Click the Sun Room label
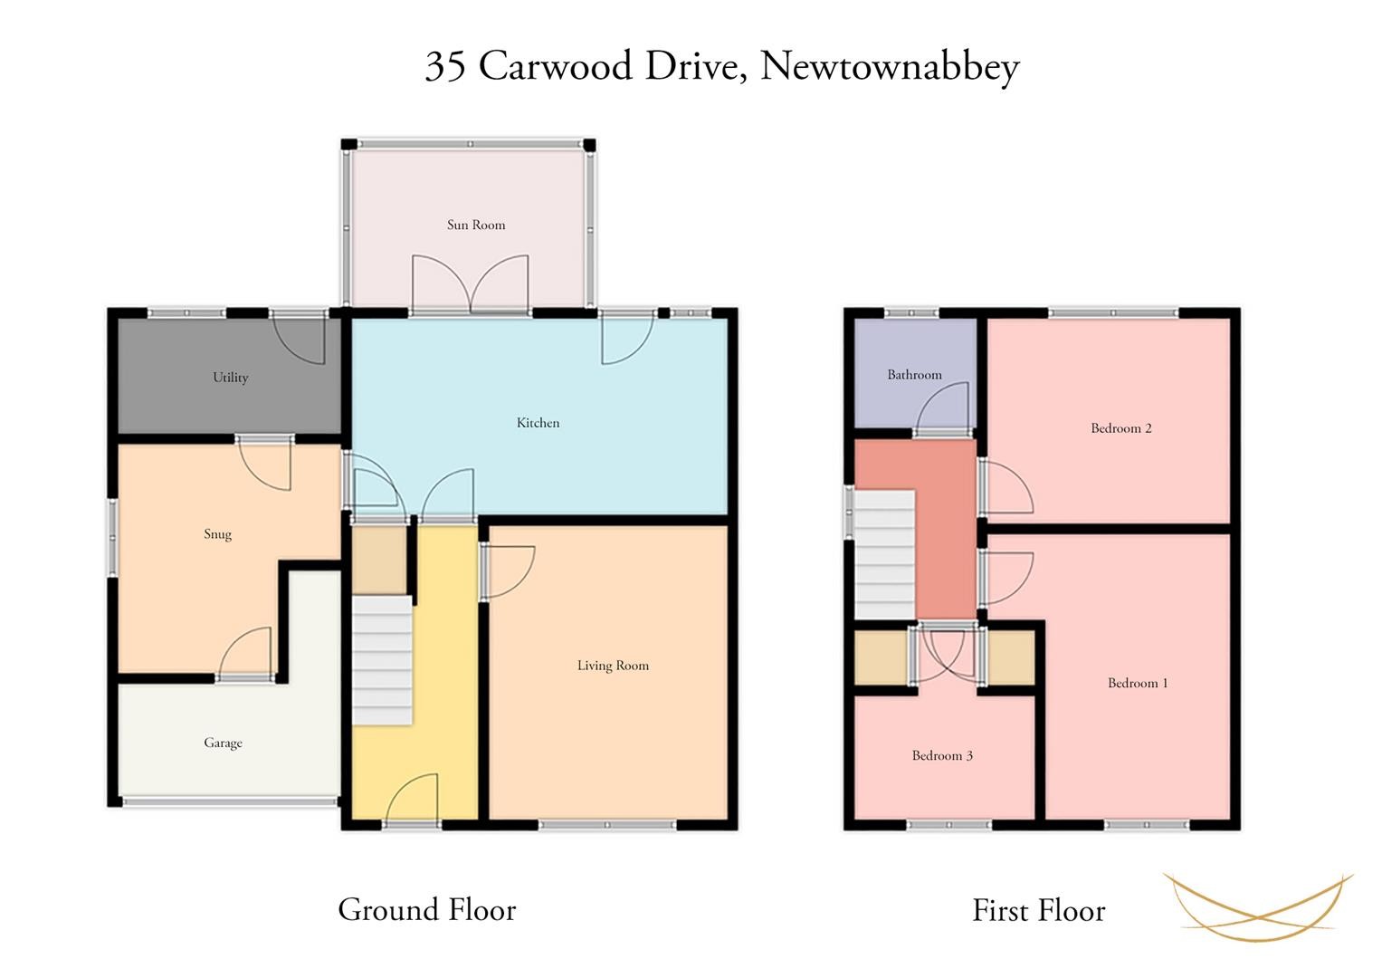476,225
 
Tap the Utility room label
230,378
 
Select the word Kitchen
538,423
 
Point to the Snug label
218,534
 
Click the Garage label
223,743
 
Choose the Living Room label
613,666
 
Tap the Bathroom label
914,375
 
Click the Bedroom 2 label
1121,428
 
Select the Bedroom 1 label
1138,683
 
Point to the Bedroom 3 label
942,756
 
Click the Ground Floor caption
427,910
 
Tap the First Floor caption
1039,911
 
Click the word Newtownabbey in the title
890,67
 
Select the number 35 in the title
445,66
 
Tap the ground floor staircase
382,659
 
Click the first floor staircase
884,554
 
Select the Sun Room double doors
470,284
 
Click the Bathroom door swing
942,408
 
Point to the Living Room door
509,571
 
